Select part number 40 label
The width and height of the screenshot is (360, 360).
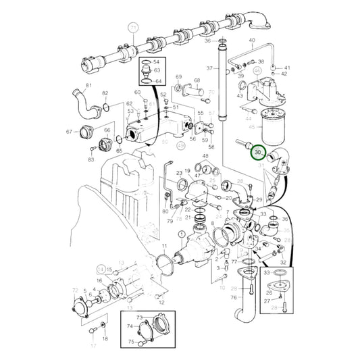(x=252, y=41)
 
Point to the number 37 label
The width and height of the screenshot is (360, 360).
(x=209, y=68)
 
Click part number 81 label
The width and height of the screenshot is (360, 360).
(x=86, y=84)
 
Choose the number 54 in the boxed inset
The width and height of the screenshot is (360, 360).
(x=157, y=61)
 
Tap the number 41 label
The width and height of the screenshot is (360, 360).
(x=286, y=68)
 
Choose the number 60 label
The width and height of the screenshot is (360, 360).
(x=137, y=92)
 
